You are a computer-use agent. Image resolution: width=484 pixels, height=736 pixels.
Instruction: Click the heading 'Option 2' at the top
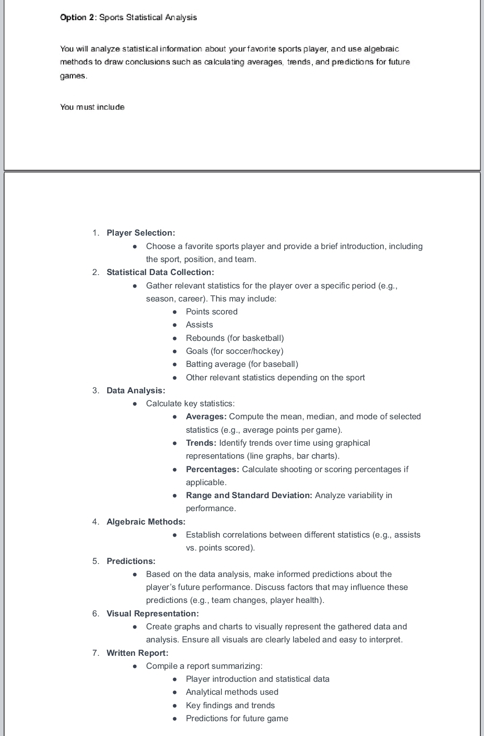click(x=78, y=17)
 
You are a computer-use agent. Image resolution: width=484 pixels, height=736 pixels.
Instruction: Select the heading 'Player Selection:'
click(x=141, y=233)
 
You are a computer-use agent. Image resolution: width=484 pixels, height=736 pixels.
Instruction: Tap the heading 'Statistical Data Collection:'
click(x=160, y=272)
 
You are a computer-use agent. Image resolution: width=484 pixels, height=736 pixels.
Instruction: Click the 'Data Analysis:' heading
click(x=136, y=391)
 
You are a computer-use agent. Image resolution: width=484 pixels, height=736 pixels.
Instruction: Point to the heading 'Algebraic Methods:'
click(x=146, y=522)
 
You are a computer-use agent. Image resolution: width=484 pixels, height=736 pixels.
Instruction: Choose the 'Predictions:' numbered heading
click(x=131, y=561)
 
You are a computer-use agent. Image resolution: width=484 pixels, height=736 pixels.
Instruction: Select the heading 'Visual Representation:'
click(x=152, y=614)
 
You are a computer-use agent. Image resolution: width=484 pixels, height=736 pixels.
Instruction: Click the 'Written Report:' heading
click(x=137, y=653)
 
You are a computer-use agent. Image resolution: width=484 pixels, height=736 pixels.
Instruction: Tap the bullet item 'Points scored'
click(x=212, y=312)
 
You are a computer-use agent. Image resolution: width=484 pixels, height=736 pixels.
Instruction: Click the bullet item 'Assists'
click(x=199, y=325)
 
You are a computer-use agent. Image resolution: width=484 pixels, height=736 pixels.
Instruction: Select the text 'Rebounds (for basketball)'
click(x=235, y=338)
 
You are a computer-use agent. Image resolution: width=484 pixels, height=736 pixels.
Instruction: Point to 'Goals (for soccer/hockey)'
click(x=234, y=351)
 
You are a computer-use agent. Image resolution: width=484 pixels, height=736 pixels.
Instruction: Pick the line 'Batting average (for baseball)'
click(x=242, y=364)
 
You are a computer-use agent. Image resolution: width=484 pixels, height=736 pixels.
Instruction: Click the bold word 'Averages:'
click(x=206, y=417)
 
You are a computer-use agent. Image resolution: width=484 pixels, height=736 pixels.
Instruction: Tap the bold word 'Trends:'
click(x=201, y=443)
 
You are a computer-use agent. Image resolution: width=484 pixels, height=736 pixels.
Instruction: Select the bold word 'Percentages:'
click(x=212, y=469)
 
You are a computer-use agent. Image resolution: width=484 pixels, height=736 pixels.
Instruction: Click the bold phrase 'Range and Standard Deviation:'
click(x=249, y=495)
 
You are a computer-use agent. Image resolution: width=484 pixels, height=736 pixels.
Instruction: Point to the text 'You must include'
click(x=92, y=107)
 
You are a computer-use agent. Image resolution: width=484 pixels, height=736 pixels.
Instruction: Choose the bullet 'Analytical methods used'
click(x=232, y=692)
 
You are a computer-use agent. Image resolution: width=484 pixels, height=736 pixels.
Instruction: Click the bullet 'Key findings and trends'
click(x=230, y=706)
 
